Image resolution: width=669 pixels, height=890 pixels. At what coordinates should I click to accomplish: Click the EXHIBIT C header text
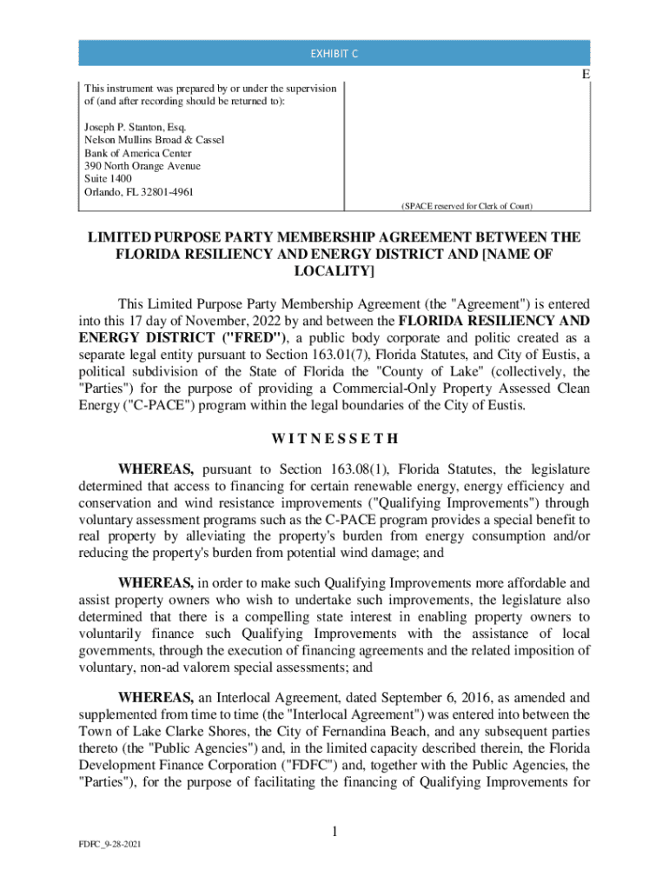[x=334, y=54]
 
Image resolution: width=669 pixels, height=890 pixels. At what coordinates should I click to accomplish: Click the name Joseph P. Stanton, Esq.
[x=129, y=127]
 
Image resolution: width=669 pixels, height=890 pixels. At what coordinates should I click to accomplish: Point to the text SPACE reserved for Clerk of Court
[x=466, y=206]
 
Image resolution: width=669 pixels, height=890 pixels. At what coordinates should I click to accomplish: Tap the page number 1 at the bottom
[x=334, y=833]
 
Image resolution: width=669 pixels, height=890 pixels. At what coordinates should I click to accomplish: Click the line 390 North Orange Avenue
[x=142, y=165]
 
